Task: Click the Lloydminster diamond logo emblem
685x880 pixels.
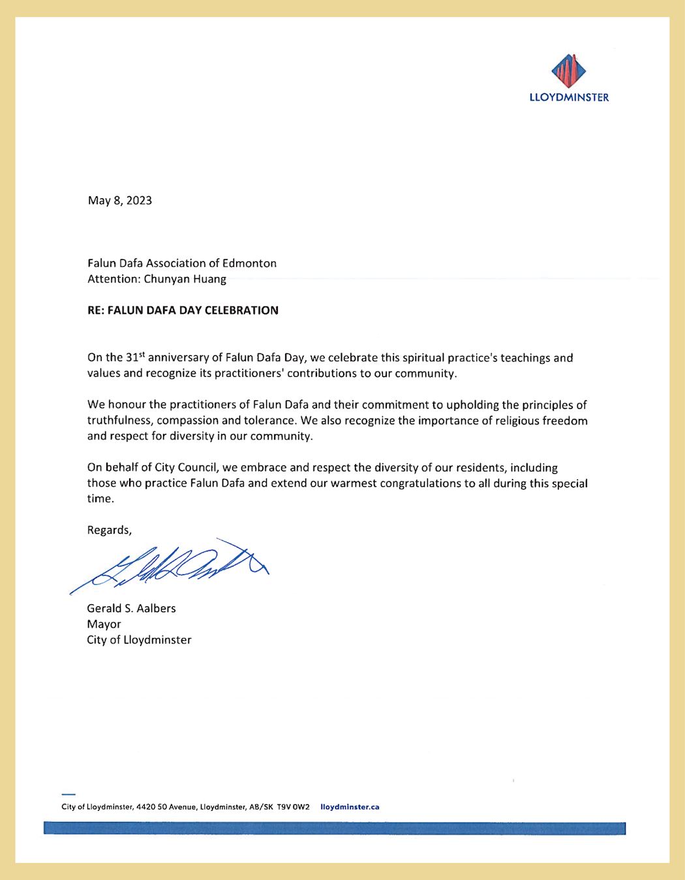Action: click(x=569, y=71)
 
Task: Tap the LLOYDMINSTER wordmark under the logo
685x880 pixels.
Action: click(x=569, y=98)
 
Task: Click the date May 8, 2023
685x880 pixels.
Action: click(x=120, y=201)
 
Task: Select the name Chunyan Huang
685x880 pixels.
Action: click(x=185, y=279)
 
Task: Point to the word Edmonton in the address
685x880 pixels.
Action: click(x=249, y=263)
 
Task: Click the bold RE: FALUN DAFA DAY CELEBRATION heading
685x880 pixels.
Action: click(x=183, y=310)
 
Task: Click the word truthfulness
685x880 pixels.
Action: click(x=119, y=420)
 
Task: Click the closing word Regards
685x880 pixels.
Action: click(x=109, y=530)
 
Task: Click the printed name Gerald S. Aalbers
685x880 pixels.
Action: click(x=131, y=608)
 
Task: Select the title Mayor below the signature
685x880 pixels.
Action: click(x=104, y=624)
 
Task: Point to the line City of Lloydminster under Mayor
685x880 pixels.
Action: click(x=139, y=640)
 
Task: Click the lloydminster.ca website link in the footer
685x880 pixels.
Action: click(x=350, y=807)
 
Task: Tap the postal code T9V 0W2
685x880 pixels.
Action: click(x=293, y=807)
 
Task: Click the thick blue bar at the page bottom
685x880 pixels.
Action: click(x=334, y=829)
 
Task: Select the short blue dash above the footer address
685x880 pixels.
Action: click(x=68, y=795)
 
